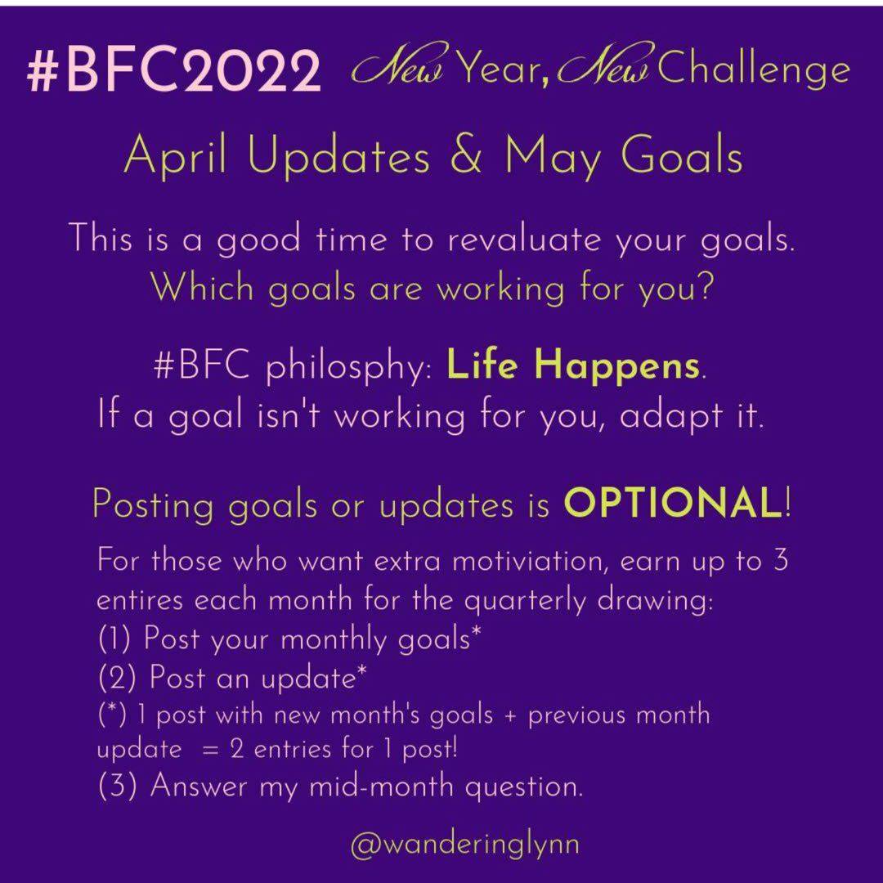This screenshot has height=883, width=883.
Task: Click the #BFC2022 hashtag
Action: [173, 70]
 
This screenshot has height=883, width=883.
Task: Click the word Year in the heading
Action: [495, 68]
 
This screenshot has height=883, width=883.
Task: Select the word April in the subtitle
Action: [177, 156]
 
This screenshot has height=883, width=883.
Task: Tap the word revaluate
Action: [524, 239]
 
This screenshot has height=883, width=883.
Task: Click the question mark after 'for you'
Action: [704, 285]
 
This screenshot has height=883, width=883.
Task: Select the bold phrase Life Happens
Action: [573, 365]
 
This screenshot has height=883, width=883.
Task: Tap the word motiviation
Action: [530, 562]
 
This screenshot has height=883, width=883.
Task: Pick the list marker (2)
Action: [117, 678]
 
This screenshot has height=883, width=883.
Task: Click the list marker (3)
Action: [117, 786]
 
